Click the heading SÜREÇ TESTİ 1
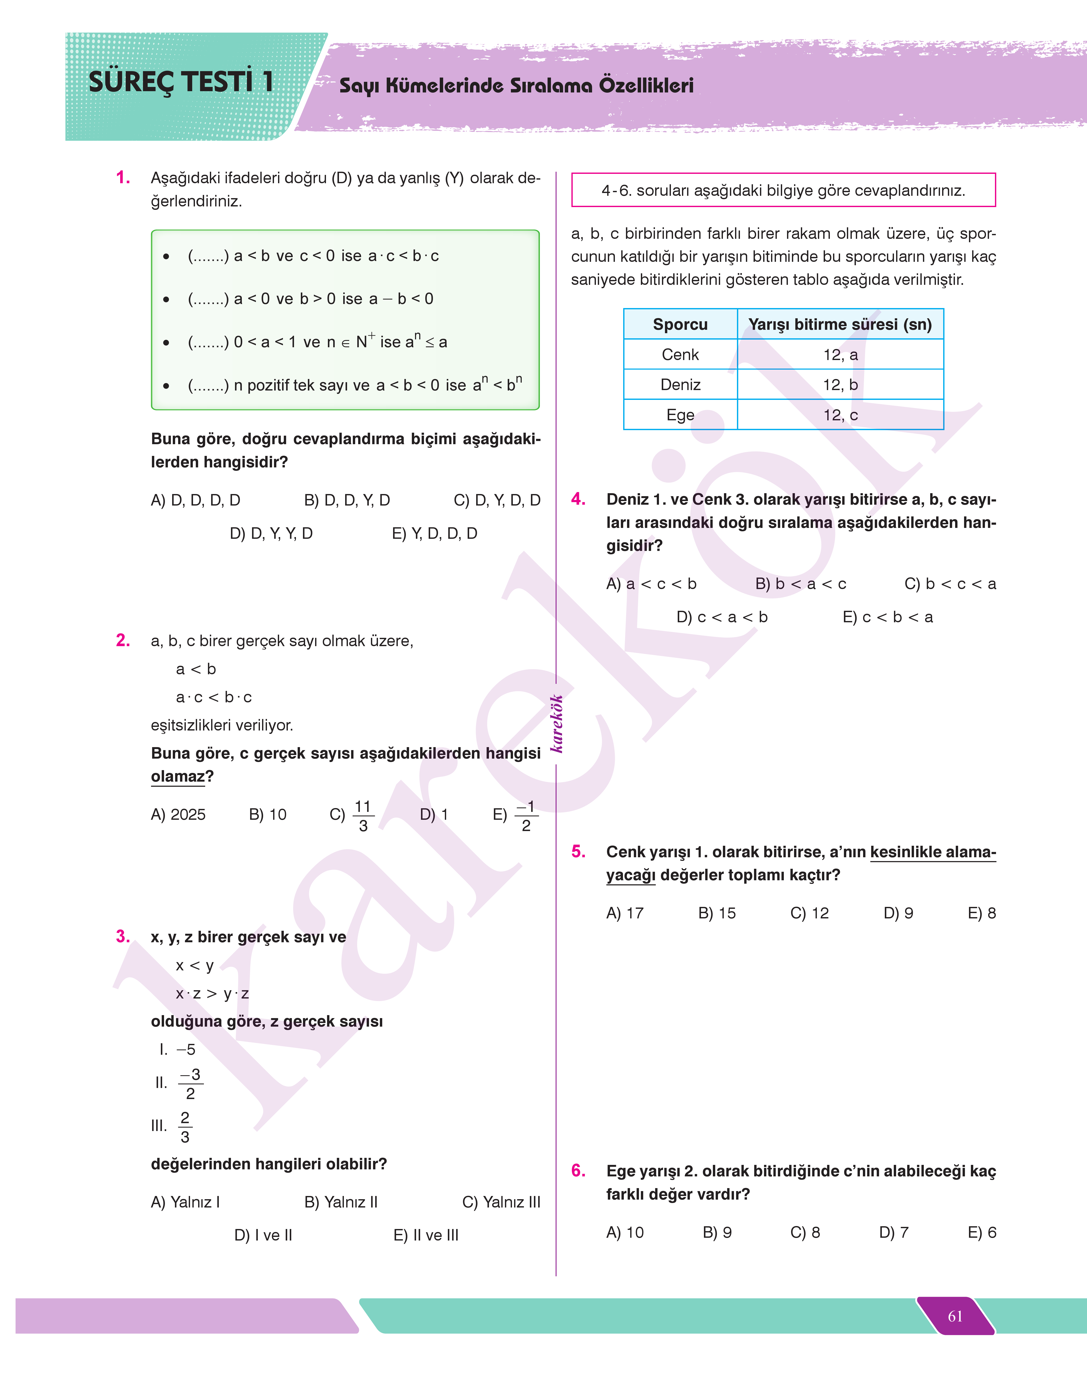(x=181, y=82)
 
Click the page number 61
(x=955, y=1316)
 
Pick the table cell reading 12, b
(x=840, y=385)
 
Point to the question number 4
(x=578, y=499)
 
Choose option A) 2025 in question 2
(x=178, y=814)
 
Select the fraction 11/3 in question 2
(x=363, y=816)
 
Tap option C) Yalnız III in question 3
(x=501, y=1202)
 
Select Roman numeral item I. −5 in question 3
(x=177, y=1049)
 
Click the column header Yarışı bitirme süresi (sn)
(x=840, y=324)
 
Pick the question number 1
(x=123, y=177)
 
